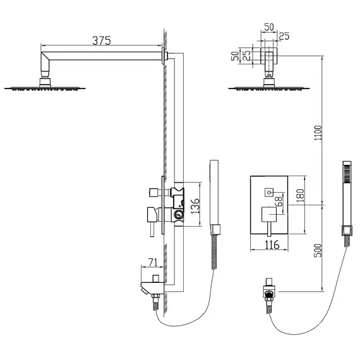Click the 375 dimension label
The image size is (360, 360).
(x=101, y=40)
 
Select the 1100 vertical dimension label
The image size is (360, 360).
(x=318, y=134)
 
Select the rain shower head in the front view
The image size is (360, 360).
(x=268, y=88)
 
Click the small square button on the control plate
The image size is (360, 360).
(x=268, y=188)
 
